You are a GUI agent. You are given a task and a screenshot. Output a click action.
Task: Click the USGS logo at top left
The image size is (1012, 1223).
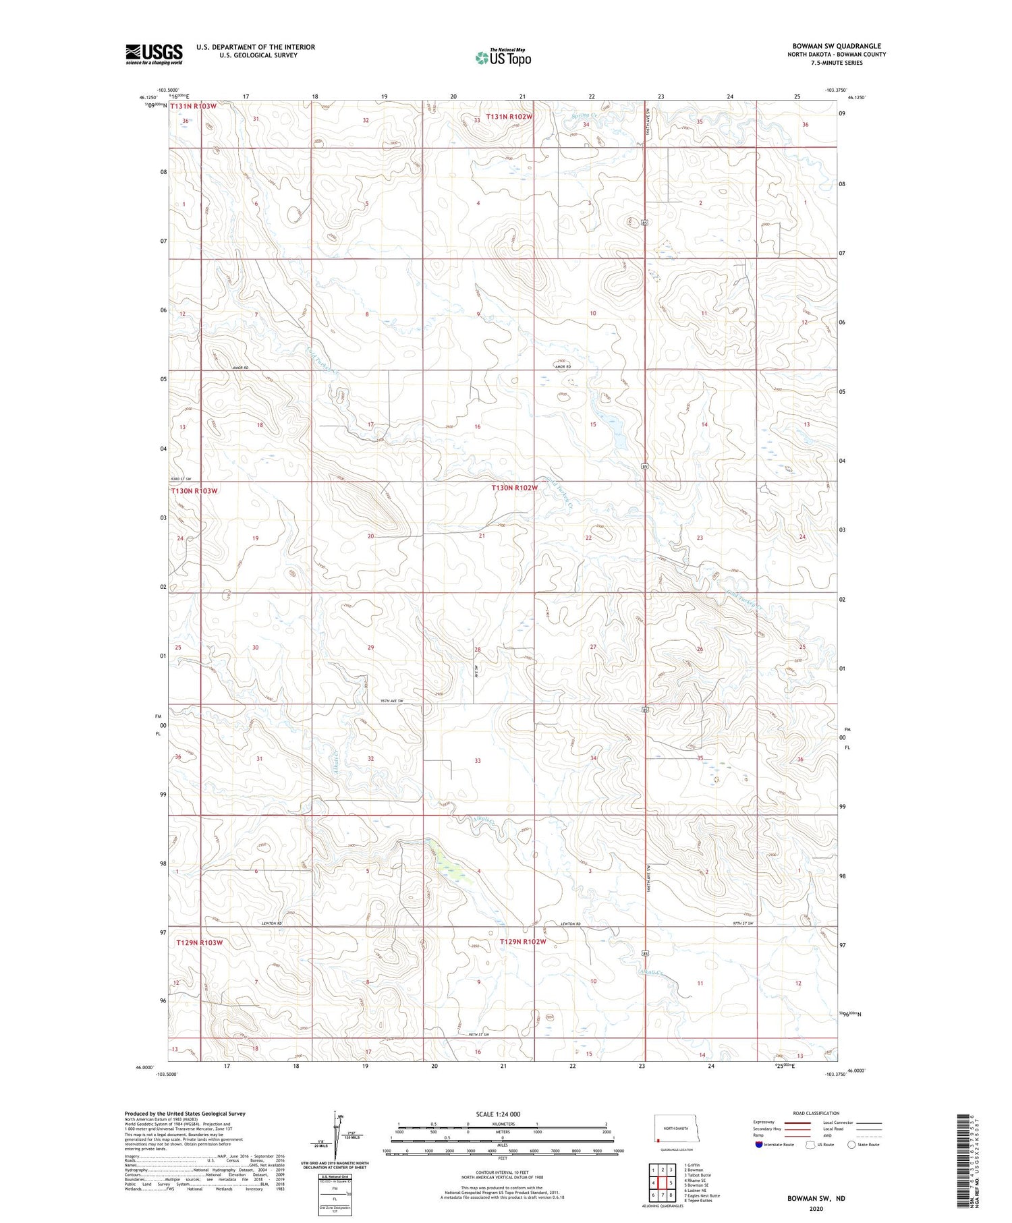point(154,54)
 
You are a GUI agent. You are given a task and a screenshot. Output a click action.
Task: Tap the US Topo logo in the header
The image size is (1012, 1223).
point(503,57)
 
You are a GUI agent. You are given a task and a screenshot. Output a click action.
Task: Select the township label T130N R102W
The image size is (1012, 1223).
point(514,488)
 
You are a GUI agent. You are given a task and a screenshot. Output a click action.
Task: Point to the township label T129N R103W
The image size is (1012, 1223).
point(199,942)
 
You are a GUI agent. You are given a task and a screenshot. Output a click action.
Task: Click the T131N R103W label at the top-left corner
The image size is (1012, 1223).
point(194,107)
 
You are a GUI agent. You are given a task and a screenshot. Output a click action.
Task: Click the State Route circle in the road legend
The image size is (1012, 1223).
point(851,1145)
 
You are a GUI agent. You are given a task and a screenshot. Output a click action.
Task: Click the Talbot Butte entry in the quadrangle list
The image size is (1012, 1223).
point(698,1174)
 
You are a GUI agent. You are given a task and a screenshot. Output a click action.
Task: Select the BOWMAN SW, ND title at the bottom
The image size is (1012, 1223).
point(816,1199)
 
